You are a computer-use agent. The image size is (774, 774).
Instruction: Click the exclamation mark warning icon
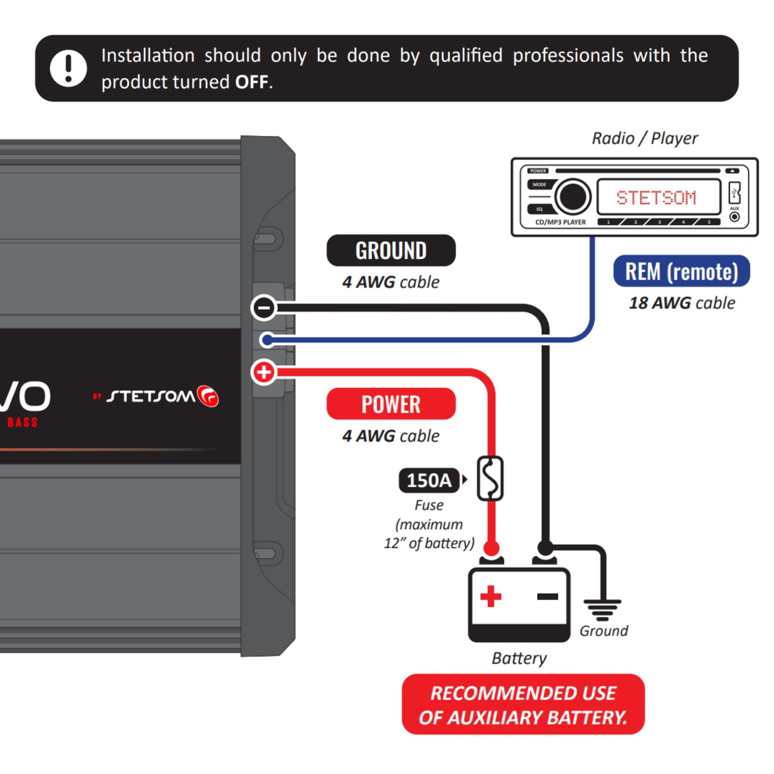tap(68, 68)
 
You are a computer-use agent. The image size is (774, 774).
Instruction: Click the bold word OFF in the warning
tap(251, 82)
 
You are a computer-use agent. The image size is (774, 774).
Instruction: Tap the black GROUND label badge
tap(391, 250)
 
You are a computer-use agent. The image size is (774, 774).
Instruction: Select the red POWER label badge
tap(391, 404)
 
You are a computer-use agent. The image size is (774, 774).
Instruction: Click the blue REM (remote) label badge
tap(681, 271)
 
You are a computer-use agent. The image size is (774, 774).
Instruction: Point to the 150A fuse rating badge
tap(429, 480)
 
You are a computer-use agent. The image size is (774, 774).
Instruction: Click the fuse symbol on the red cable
tap(490, 478)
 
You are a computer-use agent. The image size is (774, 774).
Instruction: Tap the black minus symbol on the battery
tap(547, 597)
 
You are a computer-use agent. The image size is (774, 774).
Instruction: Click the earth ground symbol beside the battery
tap(602, 609)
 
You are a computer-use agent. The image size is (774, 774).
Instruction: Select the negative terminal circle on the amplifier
tap(264, 308)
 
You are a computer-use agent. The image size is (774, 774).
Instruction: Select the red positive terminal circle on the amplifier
tap(264, 372)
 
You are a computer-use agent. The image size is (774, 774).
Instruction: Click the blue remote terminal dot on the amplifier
tap(267, 340)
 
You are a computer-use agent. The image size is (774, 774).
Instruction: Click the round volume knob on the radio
tap(573, 196)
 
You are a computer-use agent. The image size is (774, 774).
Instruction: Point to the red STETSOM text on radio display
tap(656, 197)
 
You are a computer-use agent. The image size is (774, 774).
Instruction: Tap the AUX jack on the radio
tap(734, 217)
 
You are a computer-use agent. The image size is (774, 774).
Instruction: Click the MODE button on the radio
tap(539, 185)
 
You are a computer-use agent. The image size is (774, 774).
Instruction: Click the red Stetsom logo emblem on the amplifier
tap(208, 396)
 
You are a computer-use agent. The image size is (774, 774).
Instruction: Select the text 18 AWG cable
tap(682, 303)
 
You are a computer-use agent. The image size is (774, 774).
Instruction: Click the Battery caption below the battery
tap(519, 658)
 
